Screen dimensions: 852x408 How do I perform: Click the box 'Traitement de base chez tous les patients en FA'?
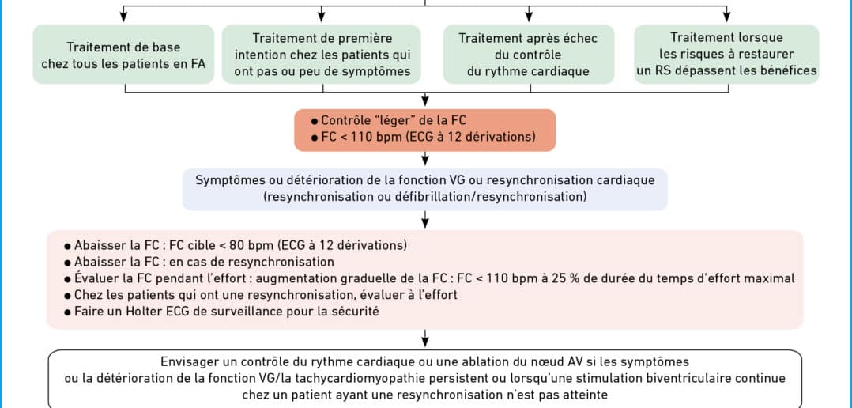click(123, 55)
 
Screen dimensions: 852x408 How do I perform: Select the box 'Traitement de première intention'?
click(322, 55)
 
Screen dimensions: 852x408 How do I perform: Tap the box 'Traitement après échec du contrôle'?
click(529, 55)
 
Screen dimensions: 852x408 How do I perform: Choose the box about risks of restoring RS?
click(726, 55)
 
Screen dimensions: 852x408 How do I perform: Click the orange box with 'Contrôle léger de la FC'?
click(425, 130)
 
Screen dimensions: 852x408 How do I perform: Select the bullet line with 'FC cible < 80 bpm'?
click(236, 245)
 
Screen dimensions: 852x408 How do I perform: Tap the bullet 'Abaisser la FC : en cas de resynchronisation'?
click(199, 262)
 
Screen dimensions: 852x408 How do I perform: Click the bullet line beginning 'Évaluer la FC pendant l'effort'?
click(430, 278)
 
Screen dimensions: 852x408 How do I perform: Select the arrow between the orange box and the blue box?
click(425, 158)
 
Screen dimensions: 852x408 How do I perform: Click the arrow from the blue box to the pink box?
click(425, 220)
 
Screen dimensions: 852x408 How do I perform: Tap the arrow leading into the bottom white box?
click(425, 338)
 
